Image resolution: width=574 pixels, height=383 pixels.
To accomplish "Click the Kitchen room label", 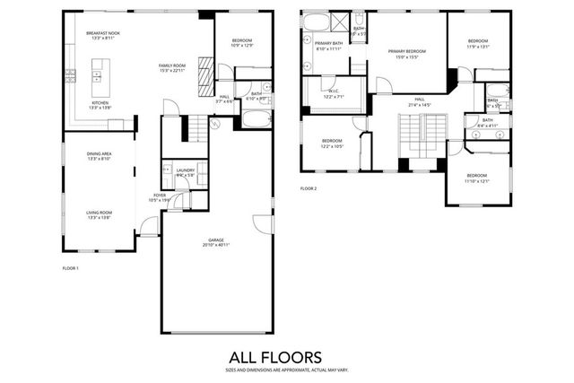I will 100,105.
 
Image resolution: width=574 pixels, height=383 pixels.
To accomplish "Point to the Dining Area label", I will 99,155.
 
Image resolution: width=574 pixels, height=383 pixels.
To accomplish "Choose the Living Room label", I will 99,215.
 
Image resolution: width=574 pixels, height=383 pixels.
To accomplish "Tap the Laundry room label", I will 186,171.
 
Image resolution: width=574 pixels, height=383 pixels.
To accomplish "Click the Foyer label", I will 160,197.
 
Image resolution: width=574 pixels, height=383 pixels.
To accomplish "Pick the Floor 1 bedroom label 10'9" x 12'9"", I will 243,43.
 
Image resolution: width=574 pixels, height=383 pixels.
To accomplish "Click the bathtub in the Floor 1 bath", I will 257,118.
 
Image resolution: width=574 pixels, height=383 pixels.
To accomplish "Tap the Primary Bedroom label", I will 406,54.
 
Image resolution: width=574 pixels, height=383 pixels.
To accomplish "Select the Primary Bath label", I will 328,46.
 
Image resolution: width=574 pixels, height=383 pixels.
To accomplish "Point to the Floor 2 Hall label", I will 419,101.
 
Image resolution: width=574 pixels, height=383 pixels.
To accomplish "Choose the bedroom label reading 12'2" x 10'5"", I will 332,143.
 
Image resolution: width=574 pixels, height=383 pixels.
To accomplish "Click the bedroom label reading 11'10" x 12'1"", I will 476,178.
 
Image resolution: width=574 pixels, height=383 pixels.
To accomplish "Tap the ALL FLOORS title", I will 286,355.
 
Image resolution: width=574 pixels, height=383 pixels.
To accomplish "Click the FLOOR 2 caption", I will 309,188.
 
